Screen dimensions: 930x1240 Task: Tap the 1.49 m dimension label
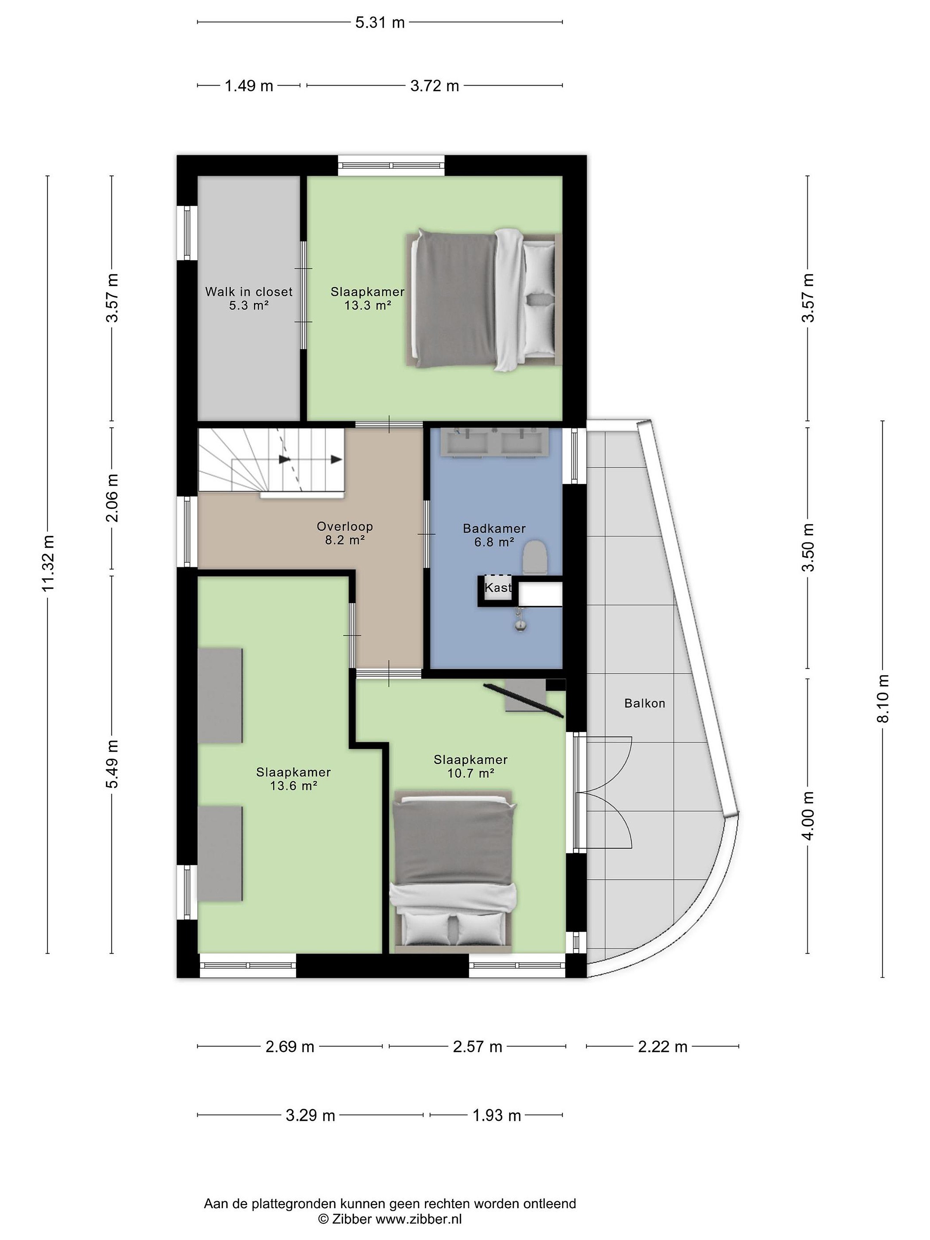tap(249, 86)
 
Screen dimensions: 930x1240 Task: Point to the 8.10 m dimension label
tap(883, 698)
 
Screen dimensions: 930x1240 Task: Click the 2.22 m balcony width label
tap(663, 1047)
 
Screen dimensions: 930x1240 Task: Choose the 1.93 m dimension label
tap(497, 1116)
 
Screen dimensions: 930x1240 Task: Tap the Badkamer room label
tap(494, 535)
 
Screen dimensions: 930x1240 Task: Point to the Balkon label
tap(645, 703)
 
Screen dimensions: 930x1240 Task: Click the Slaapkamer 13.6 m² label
tap(293, 778)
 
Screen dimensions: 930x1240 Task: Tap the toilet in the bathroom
tap(535, 557)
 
